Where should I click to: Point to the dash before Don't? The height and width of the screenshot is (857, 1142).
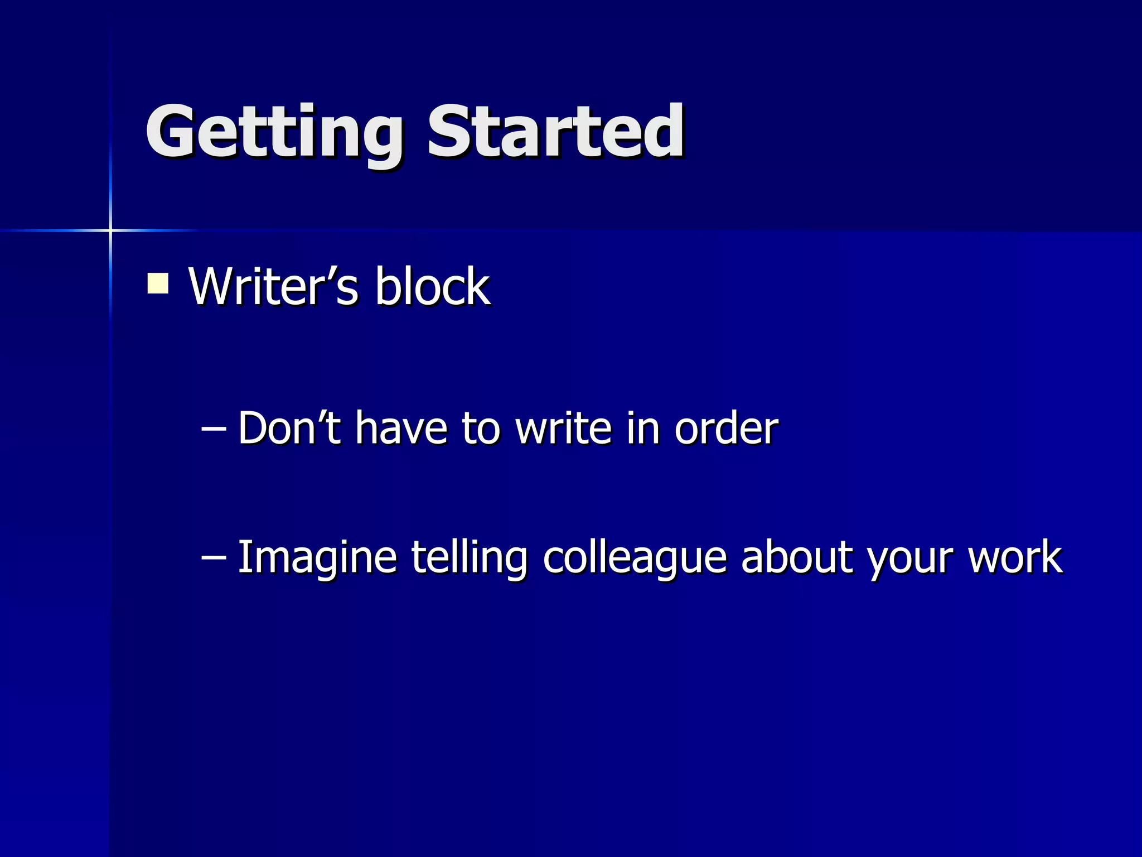pyautogui.click(x=213, y=428)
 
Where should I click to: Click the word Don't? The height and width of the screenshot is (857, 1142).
pyautogui.click(x=289, y=428)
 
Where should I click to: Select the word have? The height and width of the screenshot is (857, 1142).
pyautogui.click(x=401, y=428)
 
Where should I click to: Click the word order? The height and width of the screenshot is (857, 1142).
pyautogui.click(x=726, y=428)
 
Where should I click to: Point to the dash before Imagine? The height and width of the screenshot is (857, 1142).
pyautogui.click(x=213, y=557)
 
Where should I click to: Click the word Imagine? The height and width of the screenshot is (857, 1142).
pyautogui.click(x=317, y=557)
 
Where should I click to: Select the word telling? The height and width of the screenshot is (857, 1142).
pyautogui.click(x=469, y=557)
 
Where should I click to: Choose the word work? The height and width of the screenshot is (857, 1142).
pyautogui.click(x=1015, y=557)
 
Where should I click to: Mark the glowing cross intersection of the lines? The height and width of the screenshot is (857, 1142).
pyautogui.click(x=110, y=230)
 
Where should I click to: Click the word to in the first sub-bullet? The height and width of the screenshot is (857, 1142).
pyautogui.click(x=481, y=428)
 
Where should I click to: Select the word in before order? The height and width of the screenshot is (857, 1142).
pyautogui.click(x=643, y=428)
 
